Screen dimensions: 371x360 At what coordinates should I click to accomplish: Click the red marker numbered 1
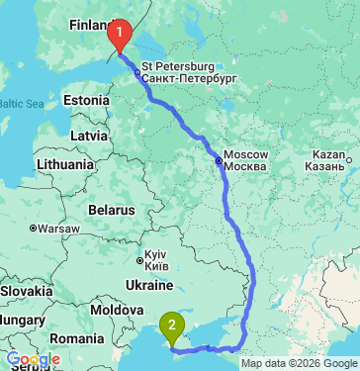pyautogui.click(x=119, y=36)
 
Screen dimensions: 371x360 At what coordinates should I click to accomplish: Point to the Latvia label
pyautogui.click(x=89, y=135)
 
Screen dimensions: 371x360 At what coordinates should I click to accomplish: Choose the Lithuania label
pyautogui.click(x=64, y=162)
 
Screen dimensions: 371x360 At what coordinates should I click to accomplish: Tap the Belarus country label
pyautogui.click(x=110, y=210)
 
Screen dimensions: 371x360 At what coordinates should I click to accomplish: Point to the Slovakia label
pyautogui.click(x=26, y=293)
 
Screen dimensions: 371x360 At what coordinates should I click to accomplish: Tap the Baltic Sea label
pyautogui.click(x=22, y=103)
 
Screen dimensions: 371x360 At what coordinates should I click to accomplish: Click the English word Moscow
pyautogui.click(x=246, y=155)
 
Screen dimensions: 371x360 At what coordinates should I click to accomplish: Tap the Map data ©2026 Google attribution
pyautogui.click(x=298, y=363)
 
